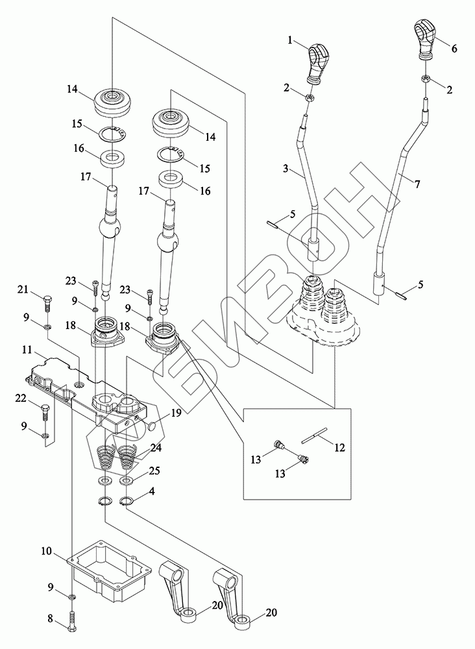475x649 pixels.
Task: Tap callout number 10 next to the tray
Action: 47,551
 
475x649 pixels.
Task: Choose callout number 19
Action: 176,411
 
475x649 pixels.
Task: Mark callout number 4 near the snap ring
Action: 151,491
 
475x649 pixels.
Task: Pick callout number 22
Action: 22,397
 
